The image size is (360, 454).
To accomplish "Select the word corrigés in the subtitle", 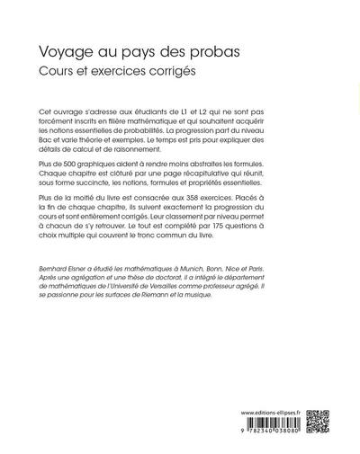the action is [169, 72].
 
